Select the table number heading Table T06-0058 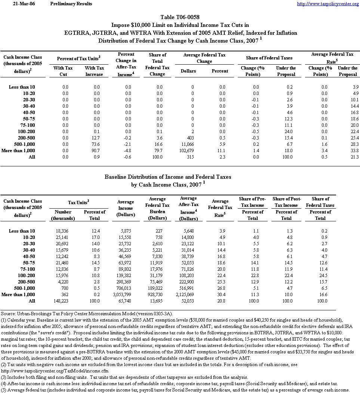click(x=180, y=17)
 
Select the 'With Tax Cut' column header click(x=63, y=71)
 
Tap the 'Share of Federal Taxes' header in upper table click(x=269, y=58)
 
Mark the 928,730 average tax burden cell click(x=159, y=295)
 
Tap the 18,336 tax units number click(x=62, y=231)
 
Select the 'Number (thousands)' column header click(x=63, y=215)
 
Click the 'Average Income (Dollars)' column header click(x=125, y=208)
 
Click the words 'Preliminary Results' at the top click(x=71, y=4)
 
